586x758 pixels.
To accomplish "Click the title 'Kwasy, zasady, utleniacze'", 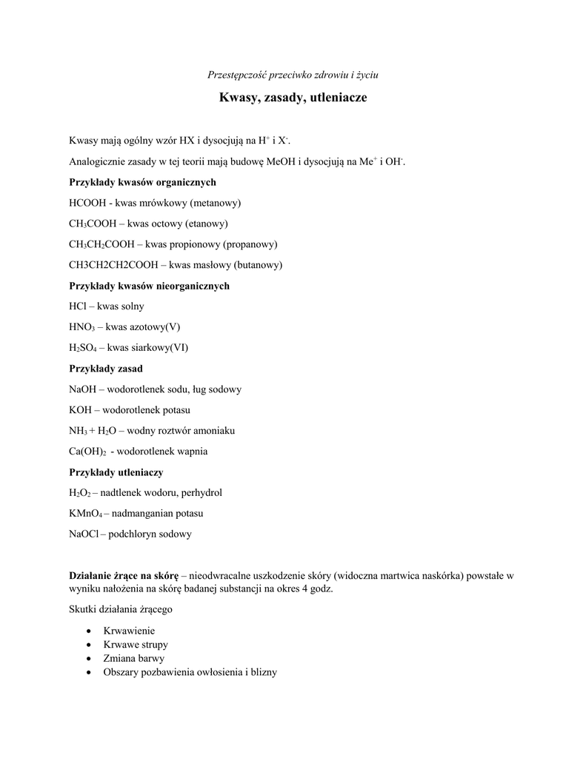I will click(x=293, y=98).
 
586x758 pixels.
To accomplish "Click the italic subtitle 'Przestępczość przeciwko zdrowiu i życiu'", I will click(x=293, y=75).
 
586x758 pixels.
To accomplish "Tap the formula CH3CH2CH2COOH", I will click(x=113, y=265).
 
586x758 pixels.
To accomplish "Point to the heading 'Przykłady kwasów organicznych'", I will click(x=142, y=182).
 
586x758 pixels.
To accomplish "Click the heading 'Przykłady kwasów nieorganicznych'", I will click(x=149, y=286).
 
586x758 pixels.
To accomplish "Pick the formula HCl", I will click(x=78, y=306).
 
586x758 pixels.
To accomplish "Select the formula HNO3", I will click(x=81, y=327).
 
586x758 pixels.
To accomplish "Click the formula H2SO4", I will click(x=83, y=348).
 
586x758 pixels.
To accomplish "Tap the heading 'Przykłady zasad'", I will click(x=106, y=369).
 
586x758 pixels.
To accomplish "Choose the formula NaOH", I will click(x=82, y=389).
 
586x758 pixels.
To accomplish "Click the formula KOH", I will click(x=80, y=410).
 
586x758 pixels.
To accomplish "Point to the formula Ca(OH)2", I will click(x=87, y=452).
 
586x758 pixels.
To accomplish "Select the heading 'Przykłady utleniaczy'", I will click(x=116, y=472).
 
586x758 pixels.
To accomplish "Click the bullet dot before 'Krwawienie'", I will click(x=89, y=631).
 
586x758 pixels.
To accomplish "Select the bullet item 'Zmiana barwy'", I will click(x=133, y=658).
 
